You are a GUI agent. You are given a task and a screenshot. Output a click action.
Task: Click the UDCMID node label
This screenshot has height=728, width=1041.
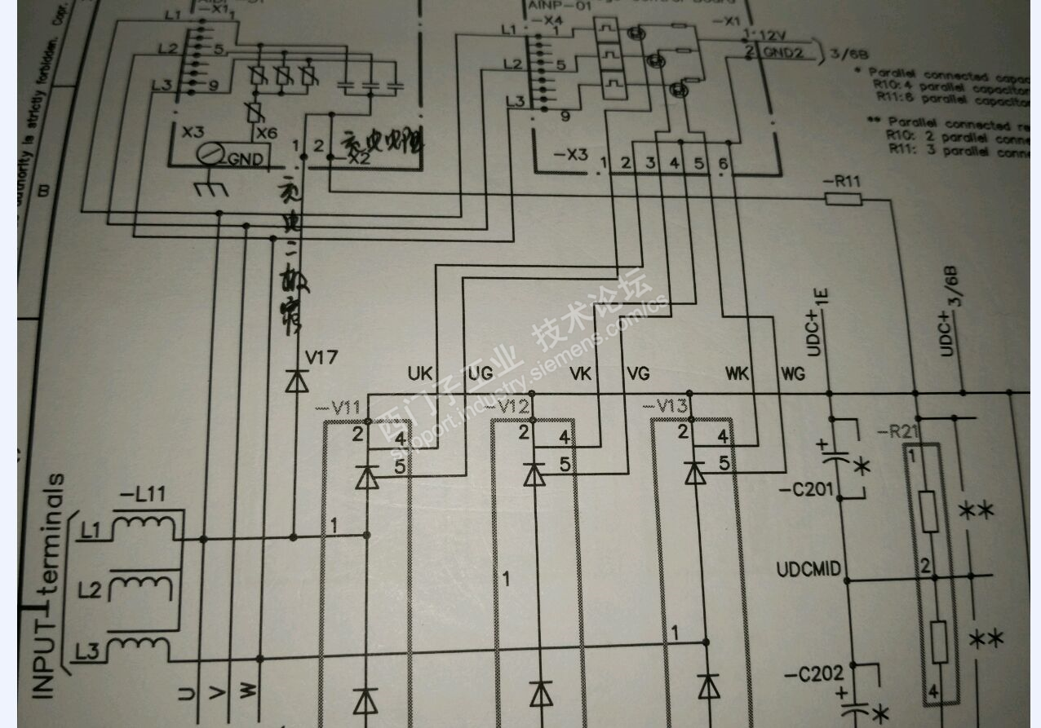pos(808,568)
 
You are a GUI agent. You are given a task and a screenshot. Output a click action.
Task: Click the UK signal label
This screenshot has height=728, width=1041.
pos(420,373)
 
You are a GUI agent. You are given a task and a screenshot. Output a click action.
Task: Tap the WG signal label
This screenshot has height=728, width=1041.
pos(792,373)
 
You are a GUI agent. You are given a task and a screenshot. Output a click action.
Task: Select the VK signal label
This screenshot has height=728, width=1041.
pos(580,373)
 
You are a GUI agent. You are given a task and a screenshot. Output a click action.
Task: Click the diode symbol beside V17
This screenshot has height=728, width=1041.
pos(296,381)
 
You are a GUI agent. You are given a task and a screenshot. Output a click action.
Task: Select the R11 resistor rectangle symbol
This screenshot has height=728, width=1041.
pos(844,197)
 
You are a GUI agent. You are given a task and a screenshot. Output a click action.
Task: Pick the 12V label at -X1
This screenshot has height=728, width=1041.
pos(776,35)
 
